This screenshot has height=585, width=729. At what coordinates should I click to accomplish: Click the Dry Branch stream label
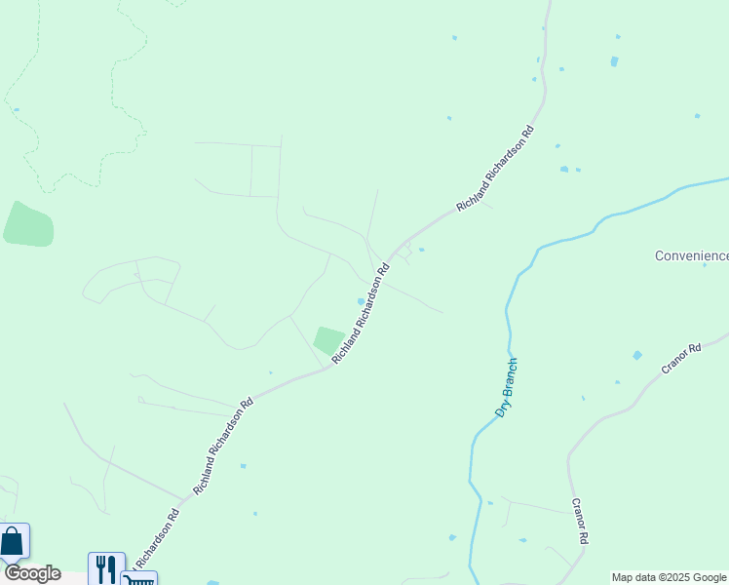pos(506,388)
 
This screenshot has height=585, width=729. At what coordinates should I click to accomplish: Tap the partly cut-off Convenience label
pos(691,255)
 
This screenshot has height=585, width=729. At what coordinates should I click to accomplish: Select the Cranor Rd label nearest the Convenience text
pos(681,360)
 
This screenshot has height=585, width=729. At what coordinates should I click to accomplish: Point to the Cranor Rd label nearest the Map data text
pos(580,524)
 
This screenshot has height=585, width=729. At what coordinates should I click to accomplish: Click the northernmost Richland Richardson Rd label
pos(496,169)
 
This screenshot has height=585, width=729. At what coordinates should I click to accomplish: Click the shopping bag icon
pos(13,541)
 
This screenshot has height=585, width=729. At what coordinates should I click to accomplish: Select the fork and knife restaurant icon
pos(106,567)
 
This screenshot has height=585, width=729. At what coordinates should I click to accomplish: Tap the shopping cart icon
pos(138,579)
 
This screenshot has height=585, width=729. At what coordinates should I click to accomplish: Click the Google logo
pos(31,573)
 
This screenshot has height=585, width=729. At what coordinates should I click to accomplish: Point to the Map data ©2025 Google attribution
pos(670,577)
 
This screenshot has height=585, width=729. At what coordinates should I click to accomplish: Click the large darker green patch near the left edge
pos(28,223)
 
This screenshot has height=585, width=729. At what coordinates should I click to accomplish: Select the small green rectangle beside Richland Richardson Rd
pos(329,340)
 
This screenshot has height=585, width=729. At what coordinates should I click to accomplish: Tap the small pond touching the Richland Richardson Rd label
pos(362,300)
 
